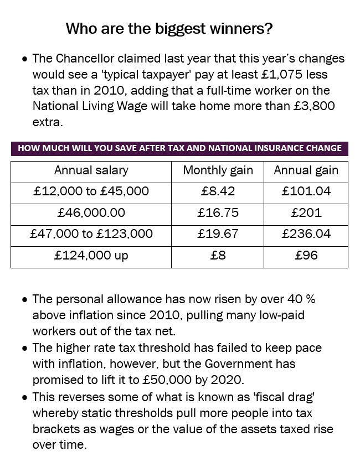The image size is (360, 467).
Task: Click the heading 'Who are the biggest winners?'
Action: pyautogui.click(x=169, y=29)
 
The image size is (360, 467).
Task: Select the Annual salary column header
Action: pyautogui.click(x=91, y=171)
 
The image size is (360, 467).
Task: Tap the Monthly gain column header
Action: pyautogui.click(x=218, y=171)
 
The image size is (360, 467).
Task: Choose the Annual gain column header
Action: pyautogui.click(x=306, y=171)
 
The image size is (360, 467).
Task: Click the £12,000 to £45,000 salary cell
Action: pyautogui.click(x=91, y=192)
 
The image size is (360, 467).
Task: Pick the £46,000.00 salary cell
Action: pyautogui.click(x=91, y=213)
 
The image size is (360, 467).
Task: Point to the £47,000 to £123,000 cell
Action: pyautogui.click(x=91, y=234)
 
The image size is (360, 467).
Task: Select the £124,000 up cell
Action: pyautogui.click(x=91, y=256)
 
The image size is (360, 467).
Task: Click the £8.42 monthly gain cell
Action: pyautogui.click(x=218, y=192)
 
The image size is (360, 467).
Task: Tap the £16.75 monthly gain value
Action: pyautogui.click(x=218, y=213)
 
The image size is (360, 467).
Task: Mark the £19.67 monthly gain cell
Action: pyautogui.click(x=218, y=234)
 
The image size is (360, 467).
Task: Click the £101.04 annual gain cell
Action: pyautogui.click(x=306, y=192)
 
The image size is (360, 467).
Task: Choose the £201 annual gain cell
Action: pyautogui.click(x=306, y=213)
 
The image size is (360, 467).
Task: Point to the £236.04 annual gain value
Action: pyautogui.click(x=306, y=234)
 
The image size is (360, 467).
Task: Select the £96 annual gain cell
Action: pyautogui.click(x=306, y=256)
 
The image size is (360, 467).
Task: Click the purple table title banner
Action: pyautogui.click(x=179, y=148)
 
